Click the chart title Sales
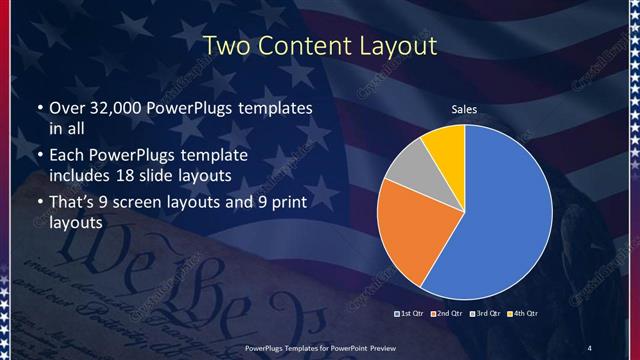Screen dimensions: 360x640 pos(464,109)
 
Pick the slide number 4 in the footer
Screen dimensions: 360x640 pos(589,347)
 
